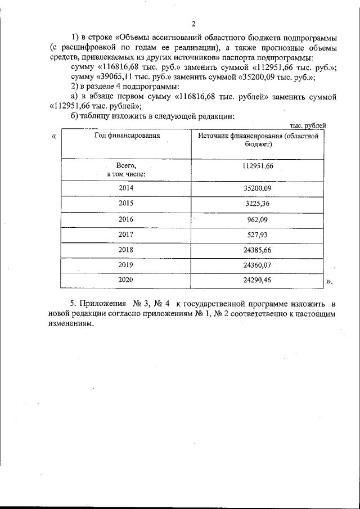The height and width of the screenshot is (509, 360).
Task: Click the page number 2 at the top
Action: (x=193, y=24)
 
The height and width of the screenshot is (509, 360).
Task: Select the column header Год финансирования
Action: (x=127, y=136)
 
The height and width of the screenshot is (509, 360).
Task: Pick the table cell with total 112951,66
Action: (x=258, y=166)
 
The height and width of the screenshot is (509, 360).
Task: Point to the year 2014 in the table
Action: (x=127, y=188)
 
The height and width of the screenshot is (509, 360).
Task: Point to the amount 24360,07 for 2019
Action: (x=258, y=264)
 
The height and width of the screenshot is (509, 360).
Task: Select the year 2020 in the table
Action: (x=127, y=279)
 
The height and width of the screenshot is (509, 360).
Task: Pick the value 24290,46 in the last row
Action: (x=258, y=280)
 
